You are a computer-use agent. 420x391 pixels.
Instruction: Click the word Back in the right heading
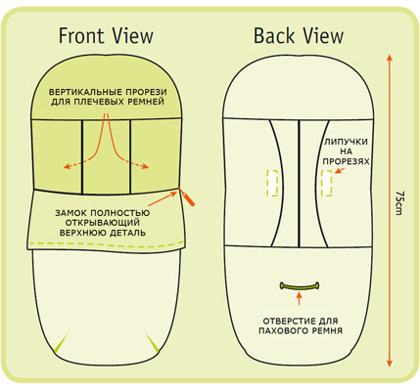pos(273,36)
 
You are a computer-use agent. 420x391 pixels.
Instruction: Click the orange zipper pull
pos(188,198)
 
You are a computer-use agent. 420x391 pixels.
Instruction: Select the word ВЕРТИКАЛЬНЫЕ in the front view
pos(85,92)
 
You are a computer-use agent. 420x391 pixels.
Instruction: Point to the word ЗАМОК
pos(70,213)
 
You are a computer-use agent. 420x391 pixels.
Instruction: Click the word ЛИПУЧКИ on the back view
pos(346,142)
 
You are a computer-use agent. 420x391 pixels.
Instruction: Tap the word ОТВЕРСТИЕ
pos(285,321)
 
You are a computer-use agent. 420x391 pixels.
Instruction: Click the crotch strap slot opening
pos(300,286)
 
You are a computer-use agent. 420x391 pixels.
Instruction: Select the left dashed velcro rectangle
pos(272,183)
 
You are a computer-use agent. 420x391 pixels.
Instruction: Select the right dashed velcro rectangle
pos(326,183)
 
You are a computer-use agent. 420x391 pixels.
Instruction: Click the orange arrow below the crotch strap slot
pos(300,299)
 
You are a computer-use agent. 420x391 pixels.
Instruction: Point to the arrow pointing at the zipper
pos(163,198)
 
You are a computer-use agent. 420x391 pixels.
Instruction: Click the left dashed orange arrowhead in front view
pos(67,166)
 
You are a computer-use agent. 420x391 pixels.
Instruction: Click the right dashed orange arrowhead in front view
pos(145,166)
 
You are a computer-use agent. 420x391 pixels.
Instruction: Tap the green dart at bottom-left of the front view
pos(61,343)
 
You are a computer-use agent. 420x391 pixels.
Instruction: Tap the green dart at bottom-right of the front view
pos(153,343)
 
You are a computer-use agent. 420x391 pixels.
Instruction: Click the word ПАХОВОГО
pos(280,331)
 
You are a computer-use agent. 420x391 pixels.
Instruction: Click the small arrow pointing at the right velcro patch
pos(340,170)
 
